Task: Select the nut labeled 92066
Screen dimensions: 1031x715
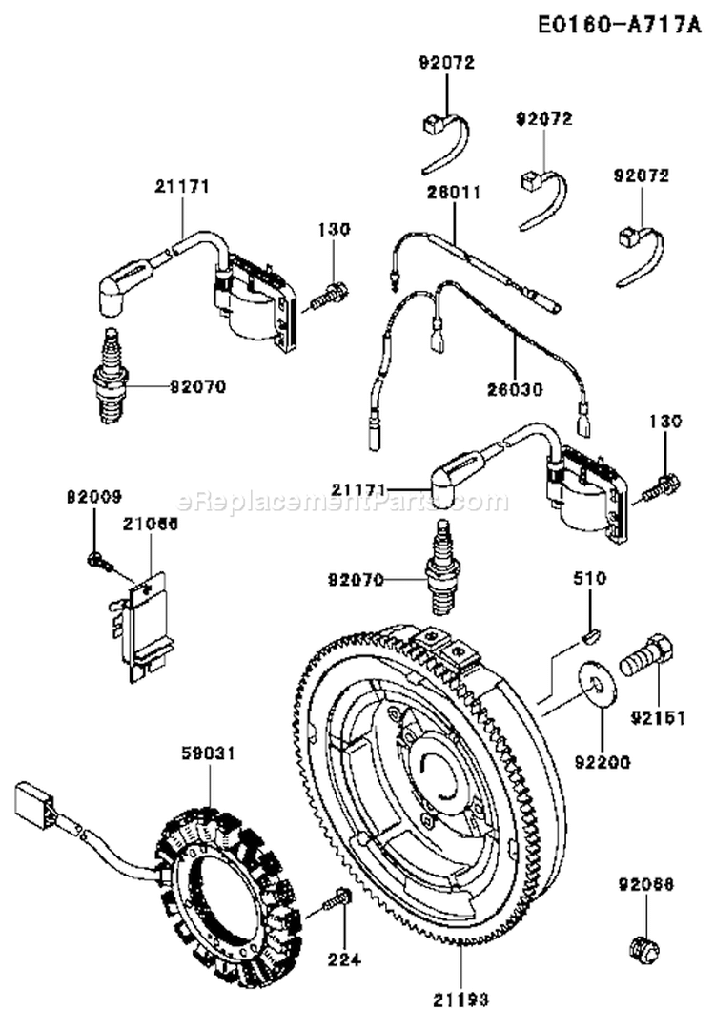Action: [645, 947]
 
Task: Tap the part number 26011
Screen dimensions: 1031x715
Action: [453, 193]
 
